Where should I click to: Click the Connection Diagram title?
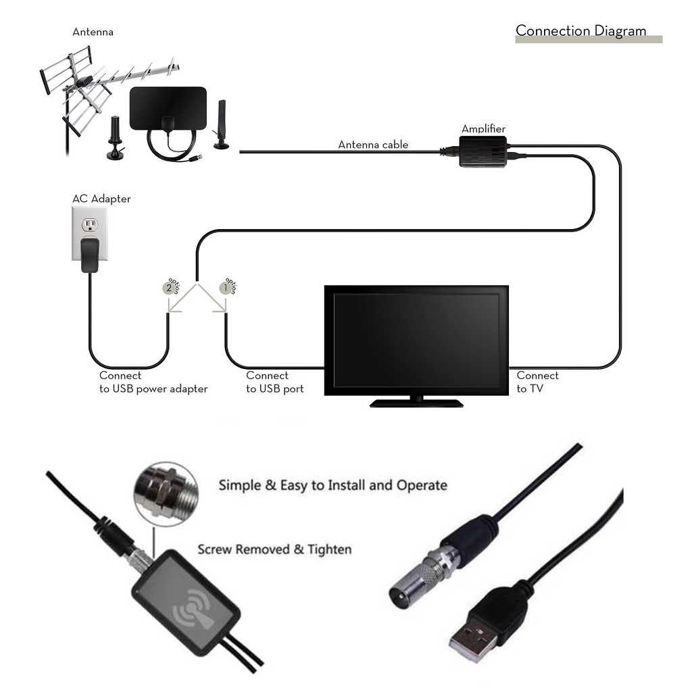coord(580,30)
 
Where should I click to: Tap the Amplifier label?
coord(483,129)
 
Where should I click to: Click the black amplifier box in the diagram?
coord(483,151)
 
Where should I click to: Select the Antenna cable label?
coord(373,145)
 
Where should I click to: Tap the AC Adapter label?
coord(101,199)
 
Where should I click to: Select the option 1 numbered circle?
coord(224,287)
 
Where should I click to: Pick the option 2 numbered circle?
coord(168,287)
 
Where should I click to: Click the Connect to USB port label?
coord(275,382)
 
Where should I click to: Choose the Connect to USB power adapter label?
coord(153,382)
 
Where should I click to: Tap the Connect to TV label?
coord(537,382)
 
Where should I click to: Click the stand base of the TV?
coord(416,403)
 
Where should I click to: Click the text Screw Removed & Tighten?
coord(274,549)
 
